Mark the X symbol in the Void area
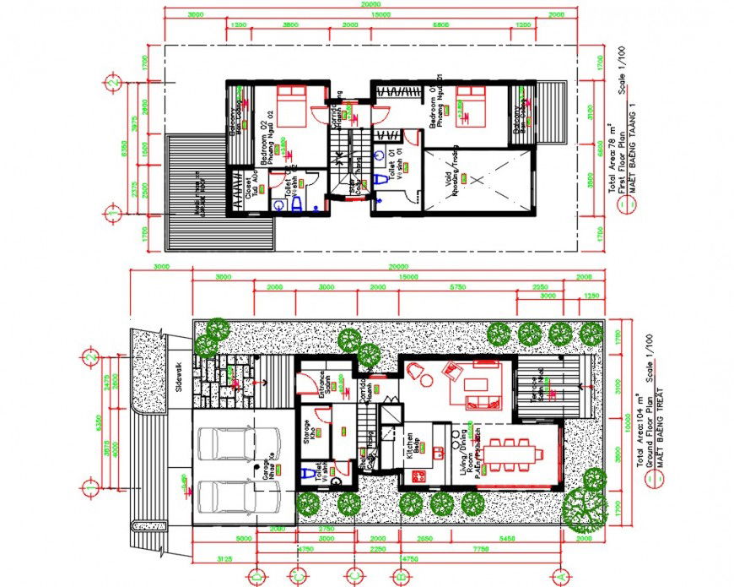(477, 179)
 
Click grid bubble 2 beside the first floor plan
(111, 83)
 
